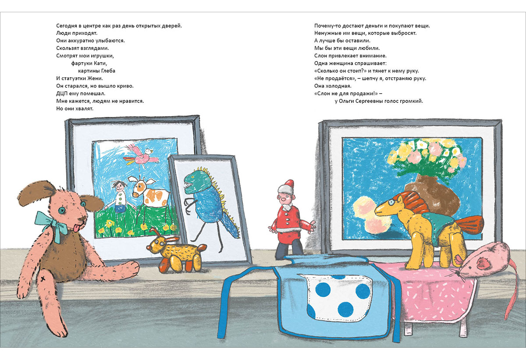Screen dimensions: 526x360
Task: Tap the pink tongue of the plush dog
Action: [x=76, y=228]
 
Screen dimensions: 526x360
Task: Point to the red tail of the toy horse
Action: [x=469, y=225]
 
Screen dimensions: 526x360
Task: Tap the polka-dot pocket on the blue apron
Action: [x=338, y=297]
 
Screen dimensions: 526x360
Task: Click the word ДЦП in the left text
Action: [x=61, y=93]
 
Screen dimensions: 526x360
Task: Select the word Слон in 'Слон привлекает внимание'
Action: [x=321, y=56]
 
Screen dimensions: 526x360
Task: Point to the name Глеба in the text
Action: [x=109, y=71]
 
